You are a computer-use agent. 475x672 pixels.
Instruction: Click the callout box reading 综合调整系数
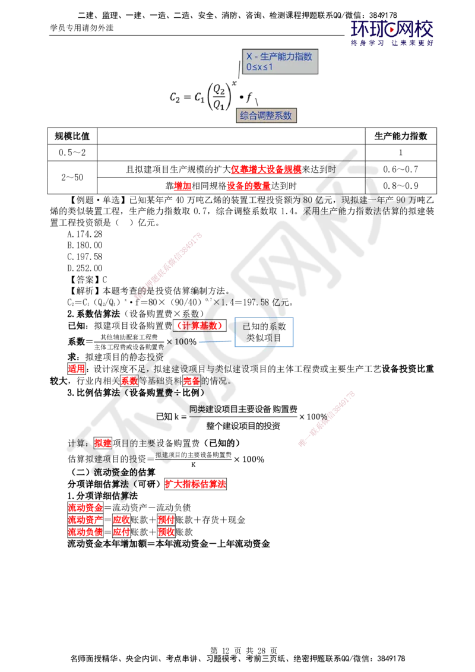coord(266,116)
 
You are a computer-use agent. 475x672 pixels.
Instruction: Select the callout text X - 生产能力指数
coord(279,56)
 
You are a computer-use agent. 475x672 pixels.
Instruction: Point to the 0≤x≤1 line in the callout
coord(260,67)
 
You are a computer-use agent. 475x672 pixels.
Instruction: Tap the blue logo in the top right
coord(392,33)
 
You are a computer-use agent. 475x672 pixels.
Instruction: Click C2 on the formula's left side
coord(175,97)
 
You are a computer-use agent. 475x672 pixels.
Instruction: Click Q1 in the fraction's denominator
coord(218,106)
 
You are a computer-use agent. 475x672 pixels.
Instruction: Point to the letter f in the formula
coord(249,97)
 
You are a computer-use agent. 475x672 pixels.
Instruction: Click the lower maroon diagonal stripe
coord(327,419)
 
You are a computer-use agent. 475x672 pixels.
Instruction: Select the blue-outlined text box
coord(263,332)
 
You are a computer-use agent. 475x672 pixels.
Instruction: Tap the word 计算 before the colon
coord(77,443)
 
